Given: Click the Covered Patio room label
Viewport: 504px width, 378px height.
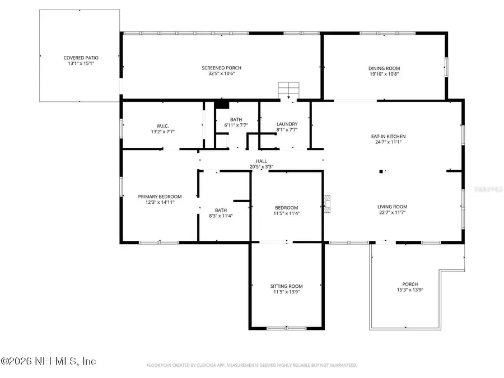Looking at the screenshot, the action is tap(81, 58).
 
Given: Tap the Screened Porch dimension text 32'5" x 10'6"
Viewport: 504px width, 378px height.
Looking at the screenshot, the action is tap(221, 73).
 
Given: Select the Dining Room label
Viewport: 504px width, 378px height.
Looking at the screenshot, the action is tap(384, 68).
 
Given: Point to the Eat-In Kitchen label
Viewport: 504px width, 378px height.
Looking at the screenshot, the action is tap(388, 137).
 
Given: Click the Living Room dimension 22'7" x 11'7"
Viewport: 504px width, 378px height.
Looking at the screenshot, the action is tap(392, 212).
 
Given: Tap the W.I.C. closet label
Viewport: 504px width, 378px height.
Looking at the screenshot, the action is tap(162, 126).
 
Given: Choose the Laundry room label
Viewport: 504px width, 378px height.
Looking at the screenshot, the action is tap(287, 124).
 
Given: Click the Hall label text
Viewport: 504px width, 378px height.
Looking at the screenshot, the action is tap(262, 161).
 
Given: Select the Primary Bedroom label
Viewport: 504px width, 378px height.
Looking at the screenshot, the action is tap(160, 197).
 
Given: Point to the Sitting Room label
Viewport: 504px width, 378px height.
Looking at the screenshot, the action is tap(286, 286).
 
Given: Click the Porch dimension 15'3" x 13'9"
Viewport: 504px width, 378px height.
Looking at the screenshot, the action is tap(410, 290).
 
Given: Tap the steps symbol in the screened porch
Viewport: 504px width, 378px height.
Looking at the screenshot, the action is tap(288, 90).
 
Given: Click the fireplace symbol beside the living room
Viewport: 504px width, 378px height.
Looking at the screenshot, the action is tap(327, 204).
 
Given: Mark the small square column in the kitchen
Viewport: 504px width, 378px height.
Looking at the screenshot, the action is tap(381, 172).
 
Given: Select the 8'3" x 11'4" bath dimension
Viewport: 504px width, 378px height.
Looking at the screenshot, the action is tap(221, 216).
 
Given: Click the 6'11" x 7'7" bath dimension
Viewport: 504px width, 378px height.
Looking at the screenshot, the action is tap(236, 125).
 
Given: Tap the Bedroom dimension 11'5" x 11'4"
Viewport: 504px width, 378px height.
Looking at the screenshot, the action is tap(286, 213).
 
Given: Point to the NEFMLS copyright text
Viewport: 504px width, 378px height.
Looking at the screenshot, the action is tap(48, 361).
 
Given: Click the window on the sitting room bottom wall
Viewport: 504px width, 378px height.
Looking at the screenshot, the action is tap(286, 328).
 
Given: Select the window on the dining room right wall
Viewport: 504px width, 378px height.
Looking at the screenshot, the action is tap(446, 67).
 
